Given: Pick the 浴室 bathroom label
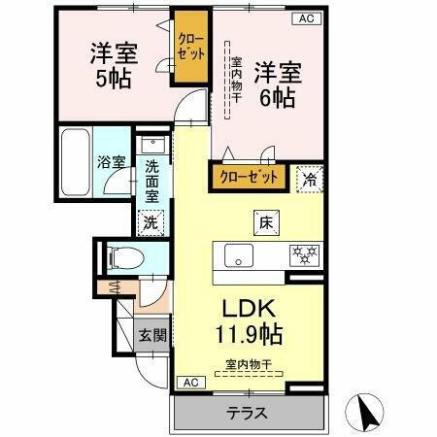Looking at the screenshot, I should pos(110,162).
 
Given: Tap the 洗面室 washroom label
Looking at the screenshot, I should pos(153,181).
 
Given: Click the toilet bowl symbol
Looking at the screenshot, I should pos(124,257).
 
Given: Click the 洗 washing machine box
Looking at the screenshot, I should pos(151,221).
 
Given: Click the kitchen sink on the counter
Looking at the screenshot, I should pos(239,256).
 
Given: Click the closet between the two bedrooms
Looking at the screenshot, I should pos(191,47).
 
